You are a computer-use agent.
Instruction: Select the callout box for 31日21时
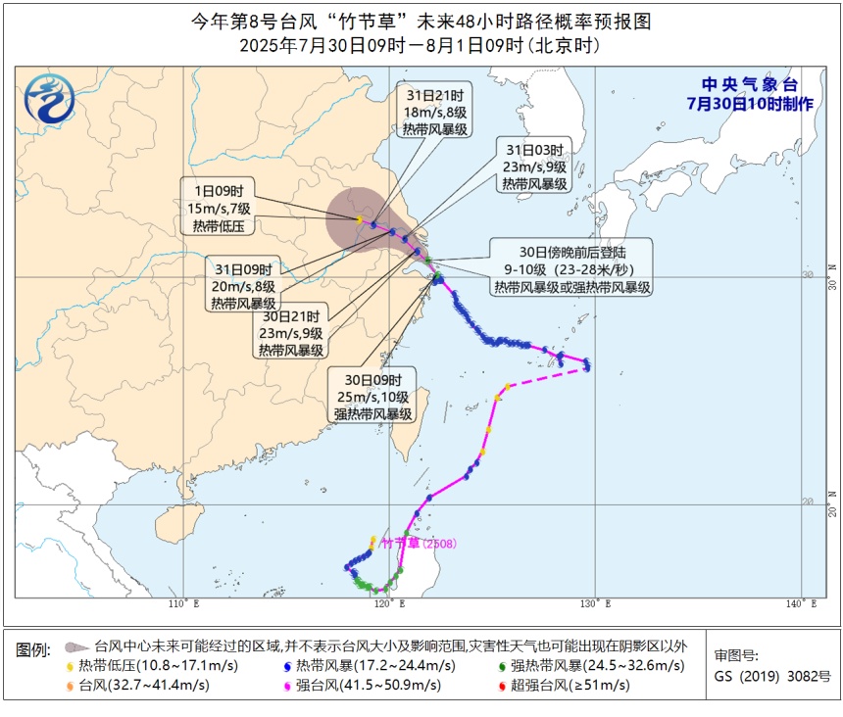[x=437, y=112]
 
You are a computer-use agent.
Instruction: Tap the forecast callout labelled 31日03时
[x=535, y=167]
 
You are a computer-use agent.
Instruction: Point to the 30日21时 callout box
[x=292, y=333]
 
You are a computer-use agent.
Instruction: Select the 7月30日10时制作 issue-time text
[x=749, y=103]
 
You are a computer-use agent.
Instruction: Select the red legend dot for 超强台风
[x=501, y=685]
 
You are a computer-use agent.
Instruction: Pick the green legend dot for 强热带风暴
[x=501, y=666]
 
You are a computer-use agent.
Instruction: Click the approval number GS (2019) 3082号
[x=771, y=676]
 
